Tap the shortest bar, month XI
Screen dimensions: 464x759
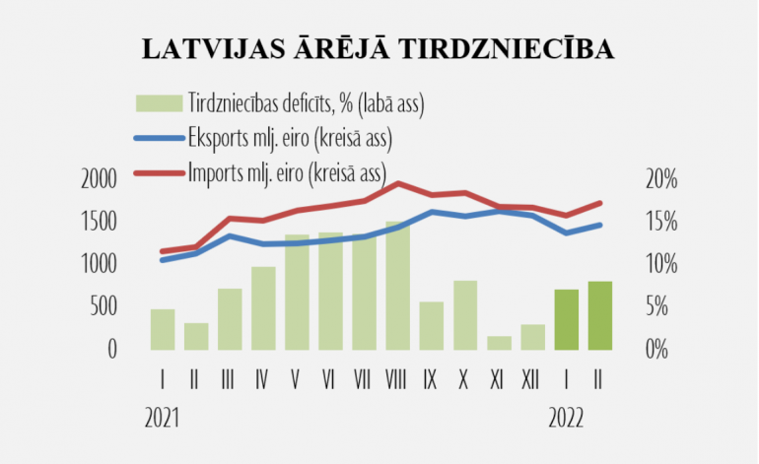(x=499, y=343)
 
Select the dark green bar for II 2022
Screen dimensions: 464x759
(x=600, y=315)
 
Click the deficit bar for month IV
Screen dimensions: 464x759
(x=263, y=307)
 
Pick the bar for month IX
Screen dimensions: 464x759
(x=432, y=325)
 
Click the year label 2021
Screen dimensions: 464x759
(x=162, y=418)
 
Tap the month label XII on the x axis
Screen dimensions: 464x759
(x=532, y=378)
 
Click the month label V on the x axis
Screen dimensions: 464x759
(x=297, y=378)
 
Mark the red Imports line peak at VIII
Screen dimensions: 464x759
(x=398, y=183)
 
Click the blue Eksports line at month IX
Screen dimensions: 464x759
(x=432, y=212)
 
